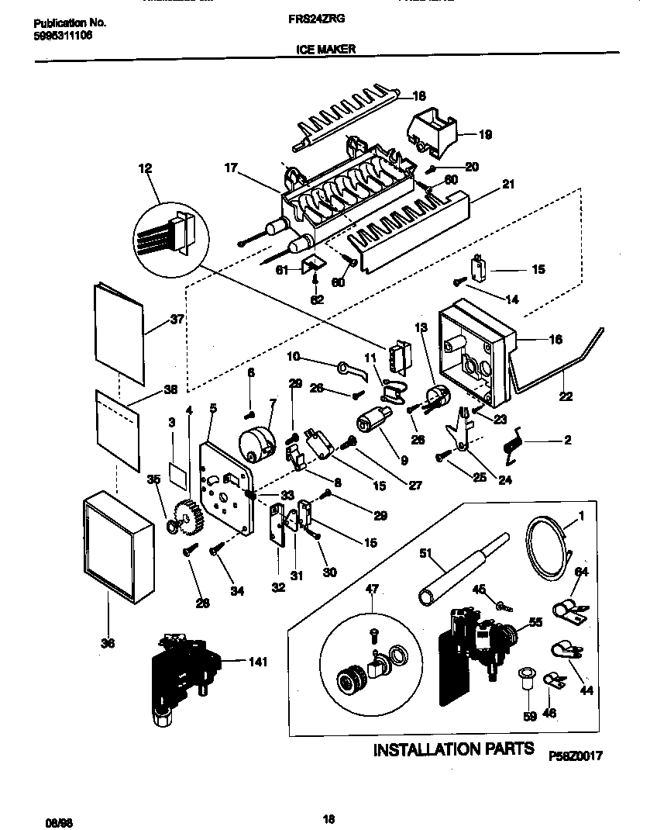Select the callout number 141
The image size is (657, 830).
coord(257,662)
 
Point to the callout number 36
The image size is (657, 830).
coord(108,642)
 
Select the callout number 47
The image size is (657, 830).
coord(372,590)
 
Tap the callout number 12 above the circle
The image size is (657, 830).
coord(146,168)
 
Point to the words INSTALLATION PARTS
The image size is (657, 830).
coord(453,749)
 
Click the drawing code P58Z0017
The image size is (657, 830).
coord(575,755)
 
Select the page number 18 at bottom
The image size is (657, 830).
coord(328,816)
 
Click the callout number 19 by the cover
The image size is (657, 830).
coord(485,134)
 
